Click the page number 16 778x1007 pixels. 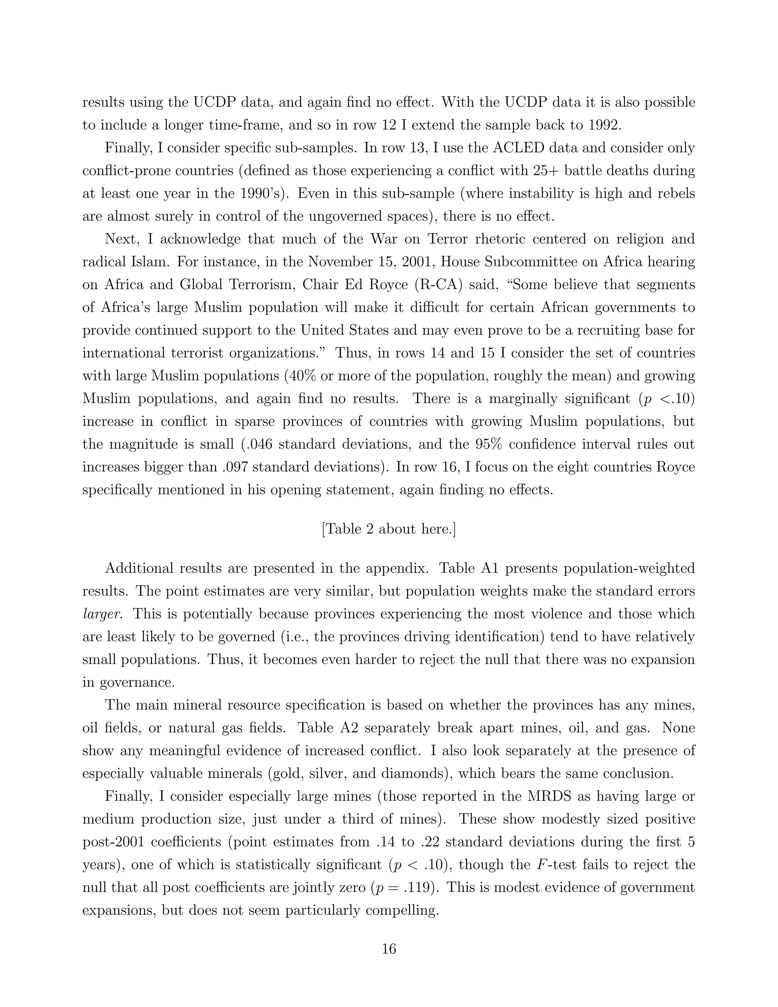pos(389,949)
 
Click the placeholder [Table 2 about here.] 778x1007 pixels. pos(389,529)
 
